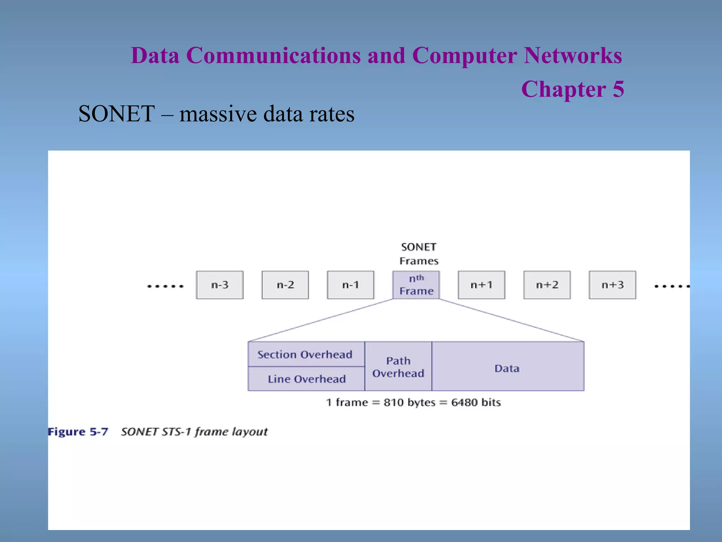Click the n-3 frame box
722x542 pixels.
click(220, 285)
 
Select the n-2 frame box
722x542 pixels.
click(285, 285)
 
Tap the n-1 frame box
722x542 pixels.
click(350, 285)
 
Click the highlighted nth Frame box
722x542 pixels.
click(416, 285)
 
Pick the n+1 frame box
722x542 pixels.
click(481, 285)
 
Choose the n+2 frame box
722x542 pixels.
click(547, 285)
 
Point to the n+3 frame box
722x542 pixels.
click(612, 285)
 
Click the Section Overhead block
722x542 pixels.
click(305, 354)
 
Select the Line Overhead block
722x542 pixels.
click(306, 379)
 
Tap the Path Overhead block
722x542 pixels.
click(398, 367)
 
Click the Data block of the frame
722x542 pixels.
click(507, 368)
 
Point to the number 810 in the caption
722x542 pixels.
click(393, 402)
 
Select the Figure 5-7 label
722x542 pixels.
click(78, 432)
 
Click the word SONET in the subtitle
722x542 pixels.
click(116, 114)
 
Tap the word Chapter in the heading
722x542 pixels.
click(563, 89)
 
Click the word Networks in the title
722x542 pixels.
click(573, 56)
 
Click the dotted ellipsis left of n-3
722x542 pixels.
click(165, 286)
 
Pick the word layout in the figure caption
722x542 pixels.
click(250, 432)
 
